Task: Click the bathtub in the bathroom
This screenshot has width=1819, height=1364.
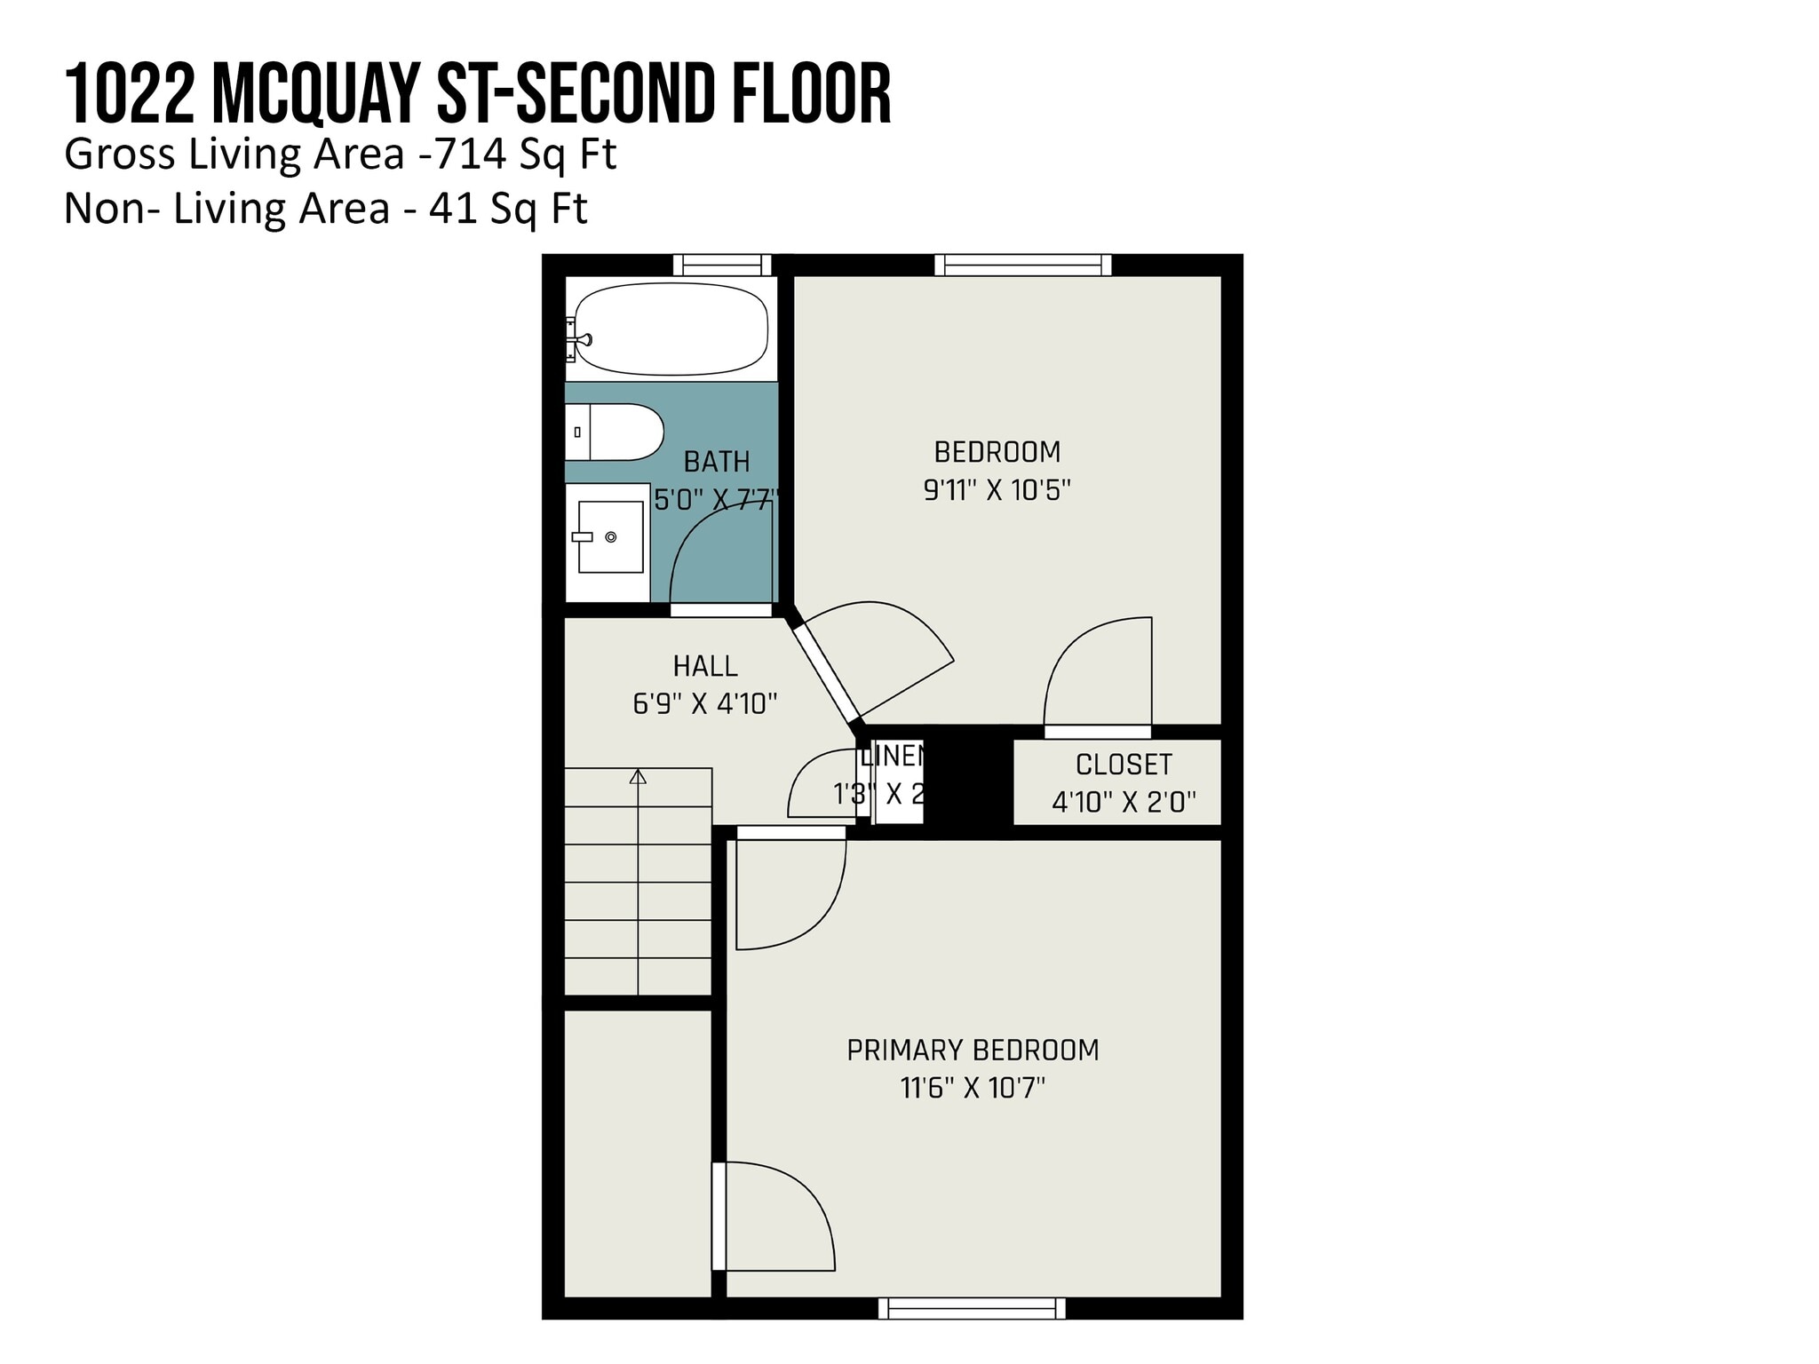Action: pos(671,329)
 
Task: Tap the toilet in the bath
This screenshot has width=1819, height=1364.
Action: pos(615,432)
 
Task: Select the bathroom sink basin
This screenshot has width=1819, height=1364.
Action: pos(610,536)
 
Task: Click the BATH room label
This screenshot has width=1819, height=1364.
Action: pos(717,462)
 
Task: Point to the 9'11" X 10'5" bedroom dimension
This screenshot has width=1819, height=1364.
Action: pos(997,490)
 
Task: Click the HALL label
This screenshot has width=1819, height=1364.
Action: pos(705,666)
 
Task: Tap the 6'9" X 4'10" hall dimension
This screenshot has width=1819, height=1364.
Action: pos(705,704)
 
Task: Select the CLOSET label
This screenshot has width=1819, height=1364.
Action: pos(1124,765)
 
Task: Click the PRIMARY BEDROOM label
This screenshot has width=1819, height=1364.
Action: pos(973,1051)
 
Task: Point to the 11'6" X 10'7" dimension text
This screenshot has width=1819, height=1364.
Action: pos(973,1088)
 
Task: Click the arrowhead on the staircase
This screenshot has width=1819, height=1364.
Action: pos(638,777)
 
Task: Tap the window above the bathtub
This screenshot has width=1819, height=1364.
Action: pos(722,265)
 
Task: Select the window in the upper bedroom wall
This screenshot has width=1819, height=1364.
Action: pos(1022,265)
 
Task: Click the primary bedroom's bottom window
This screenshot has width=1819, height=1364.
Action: pos(972,1308)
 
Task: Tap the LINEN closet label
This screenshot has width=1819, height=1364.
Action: pos(893,757)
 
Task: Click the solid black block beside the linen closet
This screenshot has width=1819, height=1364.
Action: pos(969,781)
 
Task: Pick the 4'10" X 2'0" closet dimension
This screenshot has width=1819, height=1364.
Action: pos(1124,803)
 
